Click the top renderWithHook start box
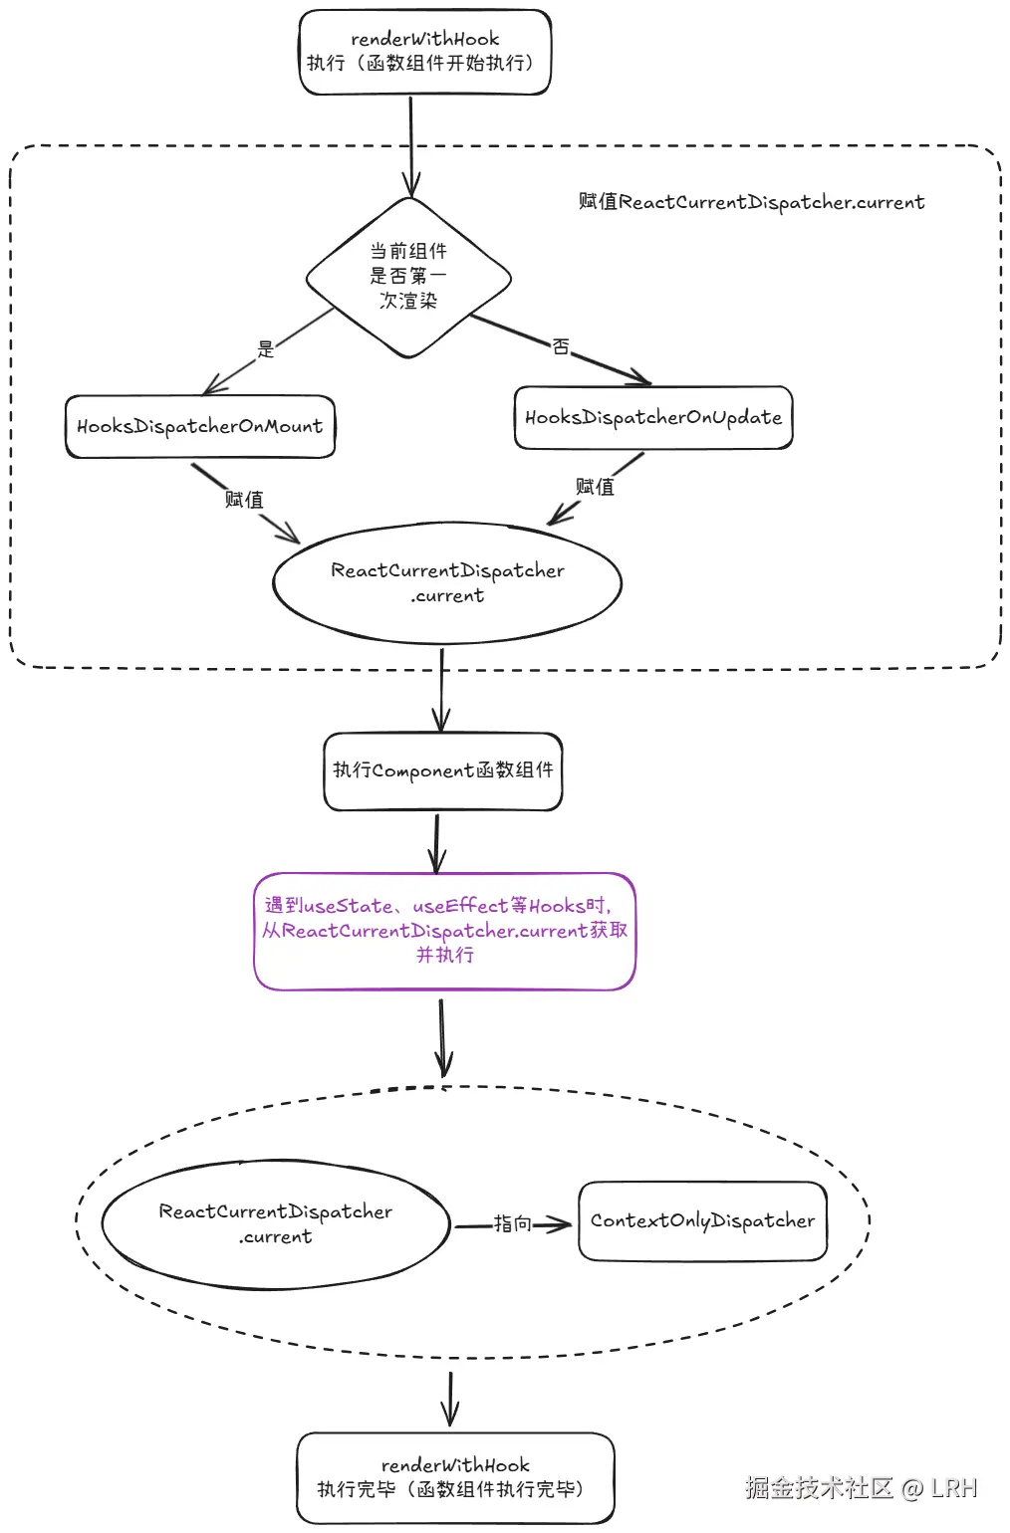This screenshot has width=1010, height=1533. pyautogui.click(x=425, y=53)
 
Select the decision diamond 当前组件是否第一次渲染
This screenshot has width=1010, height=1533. pyautogui.click(x=408, y=276)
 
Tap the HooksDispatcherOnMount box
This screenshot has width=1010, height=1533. pyautogui.click(x=200, y=427)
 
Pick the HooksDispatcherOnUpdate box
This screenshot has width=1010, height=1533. pyautogui.click(x=653, y=418)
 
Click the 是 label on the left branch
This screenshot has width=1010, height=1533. pyautogui.click(x=266, y=349)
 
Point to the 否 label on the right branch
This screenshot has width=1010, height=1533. pyautogui.click(x=561, y=346)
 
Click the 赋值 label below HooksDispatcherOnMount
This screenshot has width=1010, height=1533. pyautogui.click(x=244, y=500)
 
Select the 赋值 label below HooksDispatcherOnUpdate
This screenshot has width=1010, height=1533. pyautogui.click(x=595, y=487)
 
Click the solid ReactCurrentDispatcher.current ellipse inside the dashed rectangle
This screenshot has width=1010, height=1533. pyautogui.click(x=447, y=582)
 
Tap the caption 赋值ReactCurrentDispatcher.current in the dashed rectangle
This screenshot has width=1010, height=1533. pyautogui.click(x=751, y=202)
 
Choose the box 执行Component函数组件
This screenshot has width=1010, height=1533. pyautogui.click(x=443, y=770)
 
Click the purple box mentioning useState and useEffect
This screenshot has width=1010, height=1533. pyautogui.click(x=445, y=931)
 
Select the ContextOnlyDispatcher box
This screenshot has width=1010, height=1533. pyautogui.click(x=702, y=1221)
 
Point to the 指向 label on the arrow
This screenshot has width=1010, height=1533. pyautogui.click(x=513, y=1223)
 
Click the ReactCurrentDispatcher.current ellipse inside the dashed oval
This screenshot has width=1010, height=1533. pyautogui.click(x=276, y=1224)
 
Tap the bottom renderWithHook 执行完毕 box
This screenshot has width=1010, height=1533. pyautogui.click(x=455, y=1477)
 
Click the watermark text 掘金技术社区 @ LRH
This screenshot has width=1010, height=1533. pyautogui.click(x=862, y=1488)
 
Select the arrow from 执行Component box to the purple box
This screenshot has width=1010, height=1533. pyautogui.click(x=437, y=842)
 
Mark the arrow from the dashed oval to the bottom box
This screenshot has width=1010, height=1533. pyautogui.click(x=450, y=1398)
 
